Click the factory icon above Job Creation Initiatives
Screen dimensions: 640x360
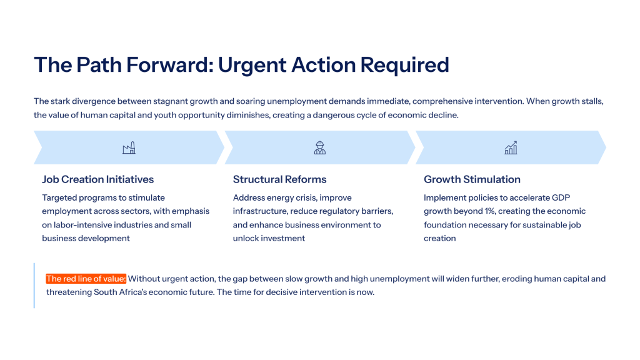(129, 147)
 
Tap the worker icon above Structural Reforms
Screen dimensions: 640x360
(320, 147)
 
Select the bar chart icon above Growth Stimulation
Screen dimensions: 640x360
(511, 147)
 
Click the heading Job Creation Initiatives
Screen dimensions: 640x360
(98, 179)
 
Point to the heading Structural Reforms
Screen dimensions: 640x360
(279, 179)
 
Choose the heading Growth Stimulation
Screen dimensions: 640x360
(472, 179)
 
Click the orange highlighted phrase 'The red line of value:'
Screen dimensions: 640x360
(86, 279)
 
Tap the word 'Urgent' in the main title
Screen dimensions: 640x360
(252, 64)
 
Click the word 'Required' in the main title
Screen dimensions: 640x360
(404, 65)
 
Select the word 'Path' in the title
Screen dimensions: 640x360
(99, 64)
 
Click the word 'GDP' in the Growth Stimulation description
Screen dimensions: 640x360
(561, 197)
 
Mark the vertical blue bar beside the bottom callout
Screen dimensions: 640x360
(34, 285)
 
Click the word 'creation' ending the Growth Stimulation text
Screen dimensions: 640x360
(439, 238)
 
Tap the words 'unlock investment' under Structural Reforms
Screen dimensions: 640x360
(269, 238)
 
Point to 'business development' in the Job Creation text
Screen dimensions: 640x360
(86, 238)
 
